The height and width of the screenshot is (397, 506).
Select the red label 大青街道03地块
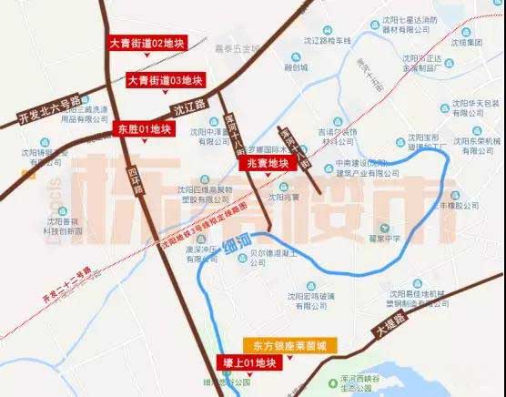point(165,80)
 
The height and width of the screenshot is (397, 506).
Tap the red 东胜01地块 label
point(145,129)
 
